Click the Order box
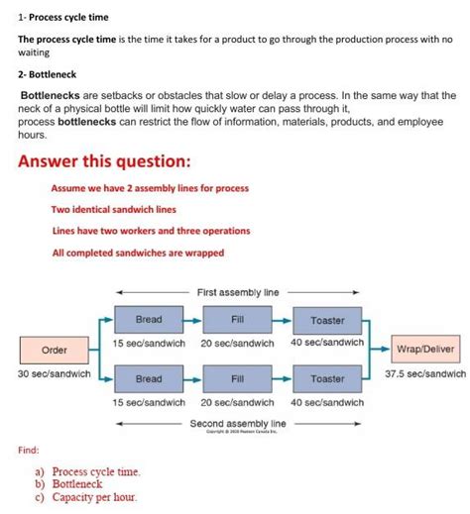pyautogui.click(x=54, y=350)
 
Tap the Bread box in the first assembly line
pyautogui.click(x=149, y=320)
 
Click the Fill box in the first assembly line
pyautogui.click(x=238, y=320)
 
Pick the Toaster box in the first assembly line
pyautogui.click(x=327, y=320)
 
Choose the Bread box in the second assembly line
pyautogui.click(x=149, y=378)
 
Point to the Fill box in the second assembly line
pyautogui.click(x=238, y=378)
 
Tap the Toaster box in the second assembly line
pyautogui.click(x=327, y=378)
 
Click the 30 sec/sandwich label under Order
pyautogui.click(x=54, y=374)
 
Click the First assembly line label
pyautogui.click(x=238, y=292)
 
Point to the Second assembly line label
pyautogui.click(x=238, y=423)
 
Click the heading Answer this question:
pyautogui.click(x=104, y=161)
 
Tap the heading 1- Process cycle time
pyautogui.click(x=62, y=18)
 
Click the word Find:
pyautogui.click(x=29, y=450)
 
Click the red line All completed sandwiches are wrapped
pyautogui.click(x=137, y=253)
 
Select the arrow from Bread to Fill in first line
pyautogui.click(x=192, y=320)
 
